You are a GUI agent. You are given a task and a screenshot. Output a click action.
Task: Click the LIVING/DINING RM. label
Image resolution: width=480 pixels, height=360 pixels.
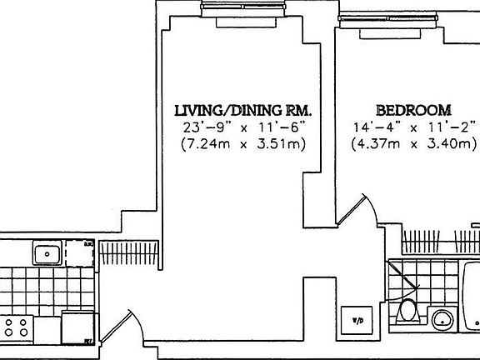click(x=242, y=109)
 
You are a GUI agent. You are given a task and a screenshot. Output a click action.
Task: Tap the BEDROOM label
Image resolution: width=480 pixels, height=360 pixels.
click(x=413, y=109)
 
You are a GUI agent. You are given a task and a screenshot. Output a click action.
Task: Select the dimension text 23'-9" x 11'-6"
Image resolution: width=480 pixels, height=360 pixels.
click(x=242, y=127)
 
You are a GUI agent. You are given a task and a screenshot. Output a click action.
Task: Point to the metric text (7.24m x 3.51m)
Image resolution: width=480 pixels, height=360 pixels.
click(x=242, y=144)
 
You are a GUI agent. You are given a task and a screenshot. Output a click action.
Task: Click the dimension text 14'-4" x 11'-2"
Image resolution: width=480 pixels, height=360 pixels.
click(x=413, y=127)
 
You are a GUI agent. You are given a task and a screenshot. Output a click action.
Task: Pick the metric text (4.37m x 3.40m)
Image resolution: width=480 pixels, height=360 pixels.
click(x=413, y=144)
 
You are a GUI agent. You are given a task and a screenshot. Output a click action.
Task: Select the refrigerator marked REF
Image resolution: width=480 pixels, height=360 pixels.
click(x=77, y=327)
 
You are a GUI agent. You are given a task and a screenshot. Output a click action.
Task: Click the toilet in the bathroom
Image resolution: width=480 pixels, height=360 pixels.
click(x=407, y=314)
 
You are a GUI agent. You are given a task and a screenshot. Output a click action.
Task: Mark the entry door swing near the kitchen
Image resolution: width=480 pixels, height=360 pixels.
click(x=126, y=325)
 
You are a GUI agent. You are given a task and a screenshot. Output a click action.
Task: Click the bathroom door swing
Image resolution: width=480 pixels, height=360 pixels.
click(x=406, y=279)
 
